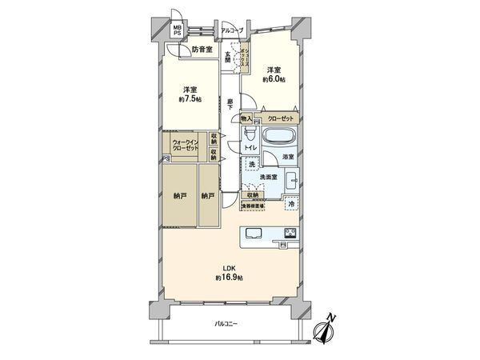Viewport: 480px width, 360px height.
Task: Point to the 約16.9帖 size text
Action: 228,277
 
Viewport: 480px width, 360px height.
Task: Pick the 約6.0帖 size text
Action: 274,79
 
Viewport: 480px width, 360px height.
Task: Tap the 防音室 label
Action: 202,50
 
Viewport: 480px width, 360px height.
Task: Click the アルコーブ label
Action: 232,31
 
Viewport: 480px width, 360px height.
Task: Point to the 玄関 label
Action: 228,58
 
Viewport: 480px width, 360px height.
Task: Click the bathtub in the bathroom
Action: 280,135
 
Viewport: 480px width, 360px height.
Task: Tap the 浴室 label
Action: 288,157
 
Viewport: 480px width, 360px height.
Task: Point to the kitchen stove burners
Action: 289,234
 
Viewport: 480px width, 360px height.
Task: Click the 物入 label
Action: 246,118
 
